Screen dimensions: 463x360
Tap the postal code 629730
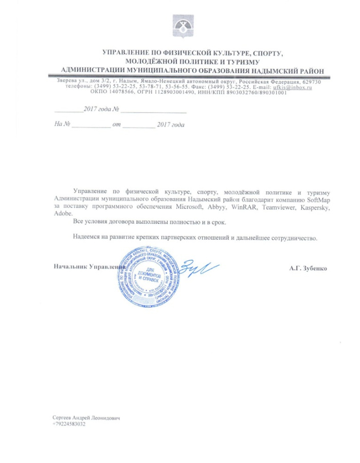point(310,82)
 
